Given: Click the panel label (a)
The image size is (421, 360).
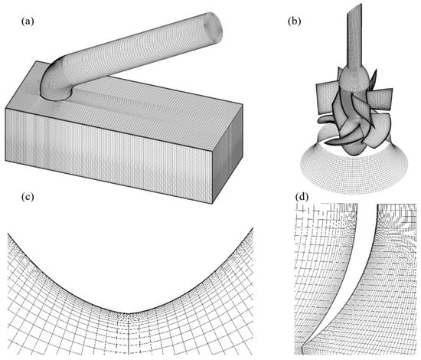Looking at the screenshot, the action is [28, 21].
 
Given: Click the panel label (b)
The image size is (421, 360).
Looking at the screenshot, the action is [294, 21].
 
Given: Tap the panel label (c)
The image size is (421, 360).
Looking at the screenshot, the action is [28, 197].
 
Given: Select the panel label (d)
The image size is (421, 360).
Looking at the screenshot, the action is [302, 197].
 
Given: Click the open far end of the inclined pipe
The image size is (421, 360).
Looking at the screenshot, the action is [214, 26].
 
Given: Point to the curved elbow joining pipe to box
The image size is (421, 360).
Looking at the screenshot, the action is [55, 80].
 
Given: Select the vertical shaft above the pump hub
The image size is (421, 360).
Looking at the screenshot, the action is [355, 38].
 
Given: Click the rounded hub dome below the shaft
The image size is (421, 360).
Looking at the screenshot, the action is [353, 77].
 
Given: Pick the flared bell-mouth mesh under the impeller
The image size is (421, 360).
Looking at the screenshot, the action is [354, 172].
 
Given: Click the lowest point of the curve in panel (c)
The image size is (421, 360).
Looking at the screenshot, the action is [129, 313].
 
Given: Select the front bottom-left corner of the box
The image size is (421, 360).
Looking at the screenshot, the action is [5, 161].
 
